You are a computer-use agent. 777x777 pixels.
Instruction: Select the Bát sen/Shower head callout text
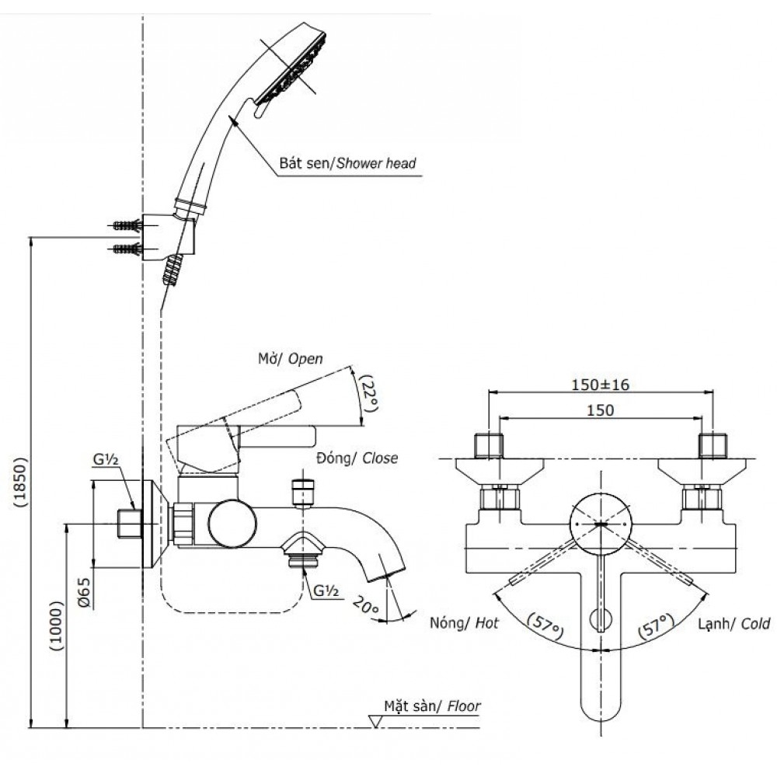click(x=348, y=164)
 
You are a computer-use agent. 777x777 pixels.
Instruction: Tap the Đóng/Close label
click(x=357, y=458)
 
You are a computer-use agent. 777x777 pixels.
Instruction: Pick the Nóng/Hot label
click(x=463, y=623)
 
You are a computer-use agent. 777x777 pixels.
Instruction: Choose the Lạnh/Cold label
click(x=733, y=623)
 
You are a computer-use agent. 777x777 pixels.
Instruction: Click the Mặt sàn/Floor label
click(x=432, y=707)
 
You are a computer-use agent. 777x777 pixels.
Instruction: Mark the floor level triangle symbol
click(x=376, y=722)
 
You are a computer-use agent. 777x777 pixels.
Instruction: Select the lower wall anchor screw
click(x=125, y=250)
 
